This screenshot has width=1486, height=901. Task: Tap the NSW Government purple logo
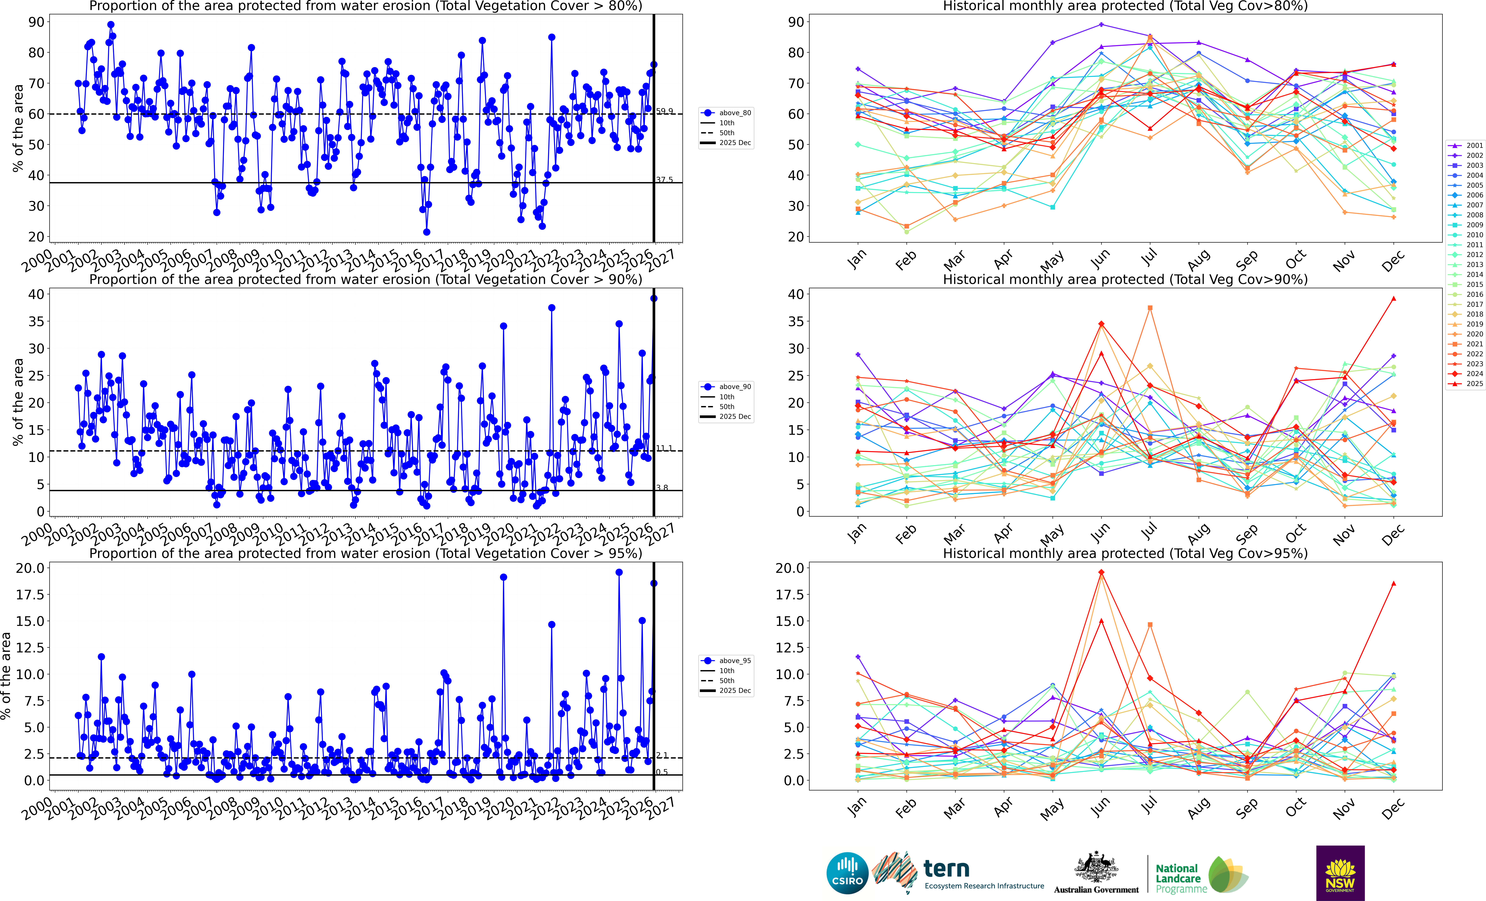[x=1340, y=873]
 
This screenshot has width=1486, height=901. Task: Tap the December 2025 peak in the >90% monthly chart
[x=1393, y=298]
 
